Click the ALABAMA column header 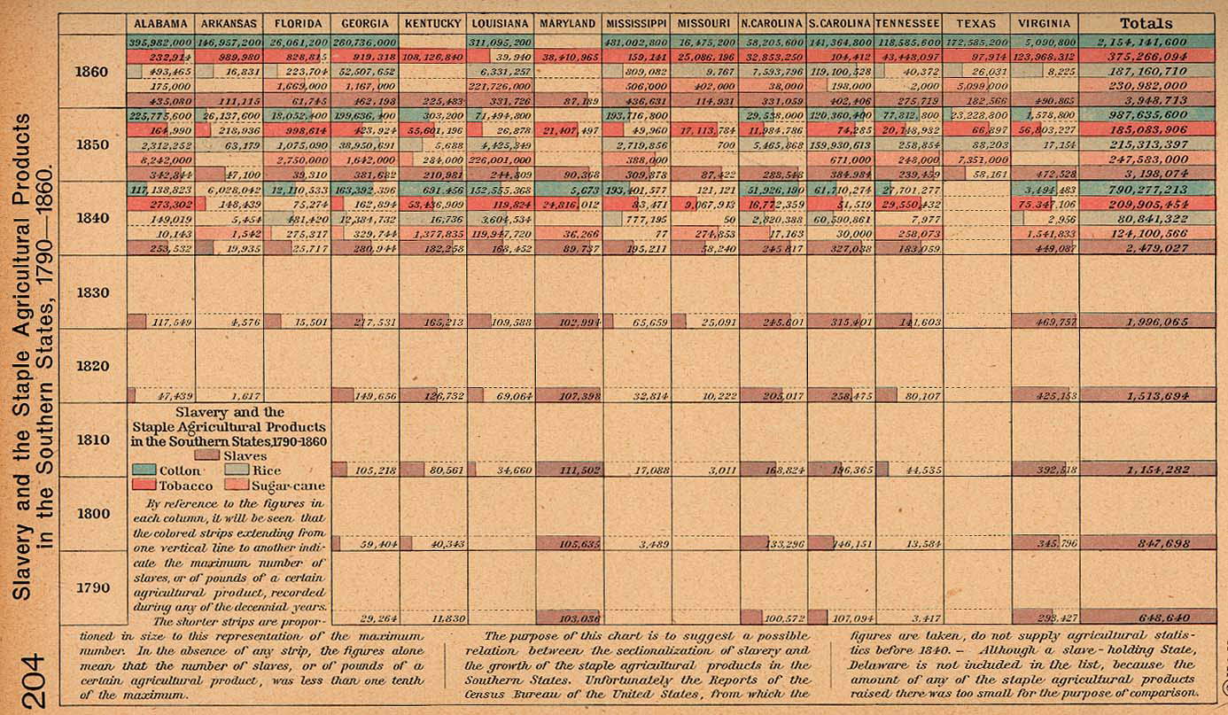[x=160, y=23]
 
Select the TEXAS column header [x=976, y=23]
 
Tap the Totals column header [x=1146, y=23]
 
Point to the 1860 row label [x=93, y=71]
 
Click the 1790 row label [x=93, y=587]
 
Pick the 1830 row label [x=93, y=292]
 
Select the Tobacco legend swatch [x=144, y=486]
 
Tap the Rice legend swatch [x=236, y=470]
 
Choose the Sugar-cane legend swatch [x=236, y=486]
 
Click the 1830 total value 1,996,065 [x=1146, y=322]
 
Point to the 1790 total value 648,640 [x=1146, y=618]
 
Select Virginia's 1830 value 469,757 [x=1045, y=322]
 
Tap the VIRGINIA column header [x=1045, y=23]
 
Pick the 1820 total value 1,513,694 [x=1146, y=395]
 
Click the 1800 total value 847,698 [x=1146, y=543]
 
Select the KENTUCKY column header [x=432, y=23]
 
